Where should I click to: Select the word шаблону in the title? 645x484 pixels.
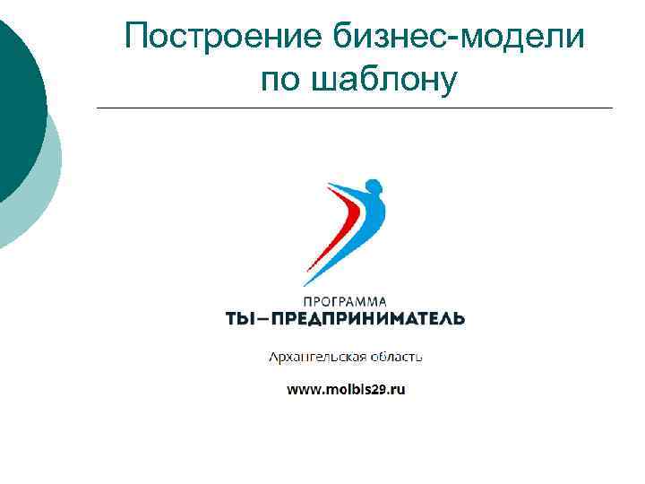pyautogui.click(x=383, y=80)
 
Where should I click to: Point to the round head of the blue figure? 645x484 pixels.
pyautogui.click(x=373, y=187)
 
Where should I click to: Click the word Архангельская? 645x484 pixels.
pyautogui.click(x=317, y=357)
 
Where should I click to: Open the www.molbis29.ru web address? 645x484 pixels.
pyautogui.click(x=346, y=390)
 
